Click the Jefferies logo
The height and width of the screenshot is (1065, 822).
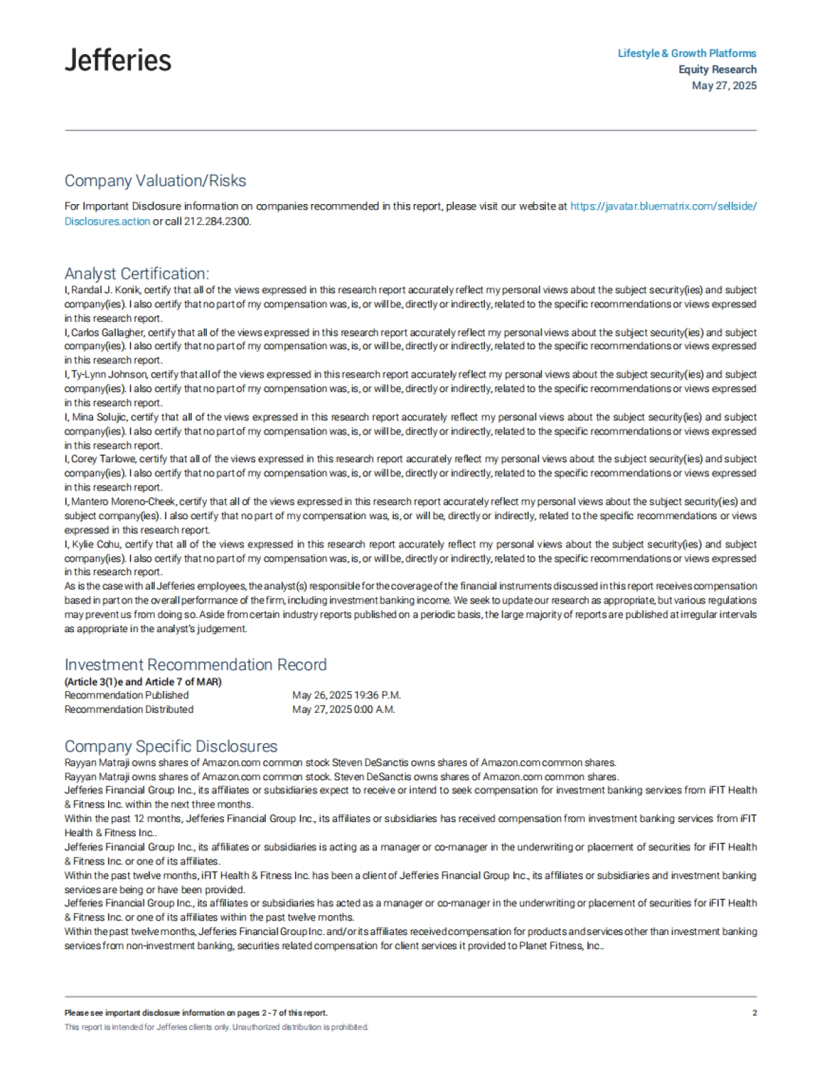118,60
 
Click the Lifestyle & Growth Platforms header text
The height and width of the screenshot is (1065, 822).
686,53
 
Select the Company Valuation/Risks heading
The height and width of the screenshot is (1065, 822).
155,181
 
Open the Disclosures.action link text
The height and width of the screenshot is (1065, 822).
107,221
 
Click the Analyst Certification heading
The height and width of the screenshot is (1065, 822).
136,273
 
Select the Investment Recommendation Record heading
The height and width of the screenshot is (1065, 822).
195,664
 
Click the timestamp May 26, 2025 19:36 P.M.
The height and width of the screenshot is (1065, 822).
346,695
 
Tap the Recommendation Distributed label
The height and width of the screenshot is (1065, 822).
129,710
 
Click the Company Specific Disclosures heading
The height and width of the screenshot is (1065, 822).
171,747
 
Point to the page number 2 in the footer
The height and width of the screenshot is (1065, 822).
754,1013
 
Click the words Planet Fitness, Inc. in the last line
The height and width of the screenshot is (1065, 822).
560,946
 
